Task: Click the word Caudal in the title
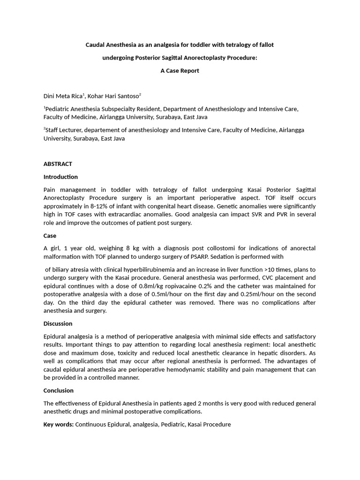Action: tap(95, 45)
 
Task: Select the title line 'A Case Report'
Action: tap(180, 71)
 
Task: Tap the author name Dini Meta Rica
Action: tap(63, 96)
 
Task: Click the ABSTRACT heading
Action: tap(58, 164)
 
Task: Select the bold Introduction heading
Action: tap(60, 177)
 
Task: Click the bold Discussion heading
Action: tap(58, 323)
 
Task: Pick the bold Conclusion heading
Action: tap(59, 390)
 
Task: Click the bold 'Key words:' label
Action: tap(59, 425)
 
